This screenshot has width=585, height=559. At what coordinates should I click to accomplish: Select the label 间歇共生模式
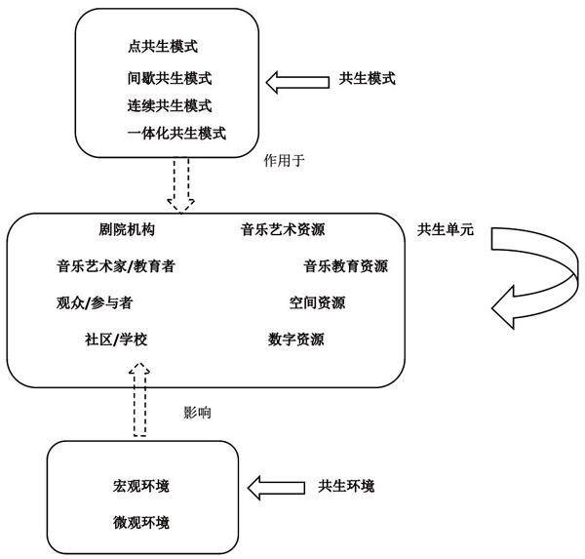[x=170, y=77]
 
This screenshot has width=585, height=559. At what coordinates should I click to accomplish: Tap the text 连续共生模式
[x=170, y=105]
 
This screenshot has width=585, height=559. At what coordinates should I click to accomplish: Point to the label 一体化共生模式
[x=176, y=133]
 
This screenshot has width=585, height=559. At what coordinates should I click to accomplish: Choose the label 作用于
[x=285, y=158]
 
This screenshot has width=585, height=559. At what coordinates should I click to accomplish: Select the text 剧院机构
[x=127, y=230]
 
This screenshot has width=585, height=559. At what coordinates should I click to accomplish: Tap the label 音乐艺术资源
[x=283, y=230]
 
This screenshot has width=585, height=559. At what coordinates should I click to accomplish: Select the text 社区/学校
[x=116, y=339]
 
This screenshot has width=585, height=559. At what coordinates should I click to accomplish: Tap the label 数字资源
[x=296, y=339]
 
